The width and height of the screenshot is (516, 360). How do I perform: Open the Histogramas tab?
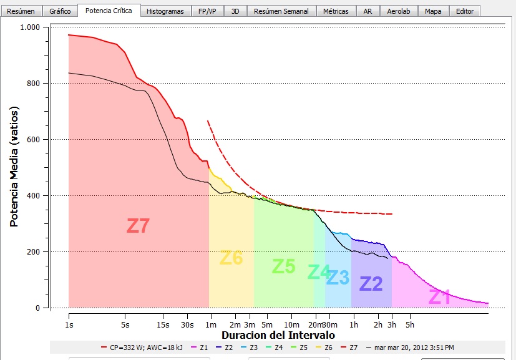(x=165, y=11)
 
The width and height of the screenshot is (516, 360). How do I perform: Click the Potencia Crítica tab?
(x=109, y=11)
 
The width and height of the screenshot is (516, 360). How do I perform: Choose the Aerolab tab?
(x=398, y=11)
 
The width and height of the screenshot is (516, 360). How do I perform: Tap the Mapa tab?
(x=432, y=11)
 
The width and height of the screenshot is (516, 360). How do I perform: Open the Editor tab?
(x=464, y=11)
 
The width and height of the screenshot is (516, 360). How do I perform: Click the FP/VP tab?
(x=207, y=11)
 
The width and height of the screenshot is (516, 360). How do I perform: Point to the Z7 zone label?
(x=138, y=225)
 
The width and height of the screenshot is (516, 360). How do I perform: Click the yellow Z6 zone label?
(x=231, y=257)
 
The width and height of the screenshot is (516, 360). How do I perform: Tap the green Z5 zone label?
(x=283, y=266)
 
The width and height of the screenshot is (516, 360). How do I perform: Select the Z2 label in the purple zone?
(x=371, y=284)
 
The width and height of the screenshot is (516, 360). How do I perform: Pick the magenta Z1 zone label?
(x=439, y=297)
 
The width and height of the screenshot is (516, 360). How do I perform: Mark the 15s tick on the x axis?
(x=163, y=324)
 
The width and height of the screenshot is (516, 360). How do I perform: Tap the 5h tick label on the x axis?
(x=410, y=324)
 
